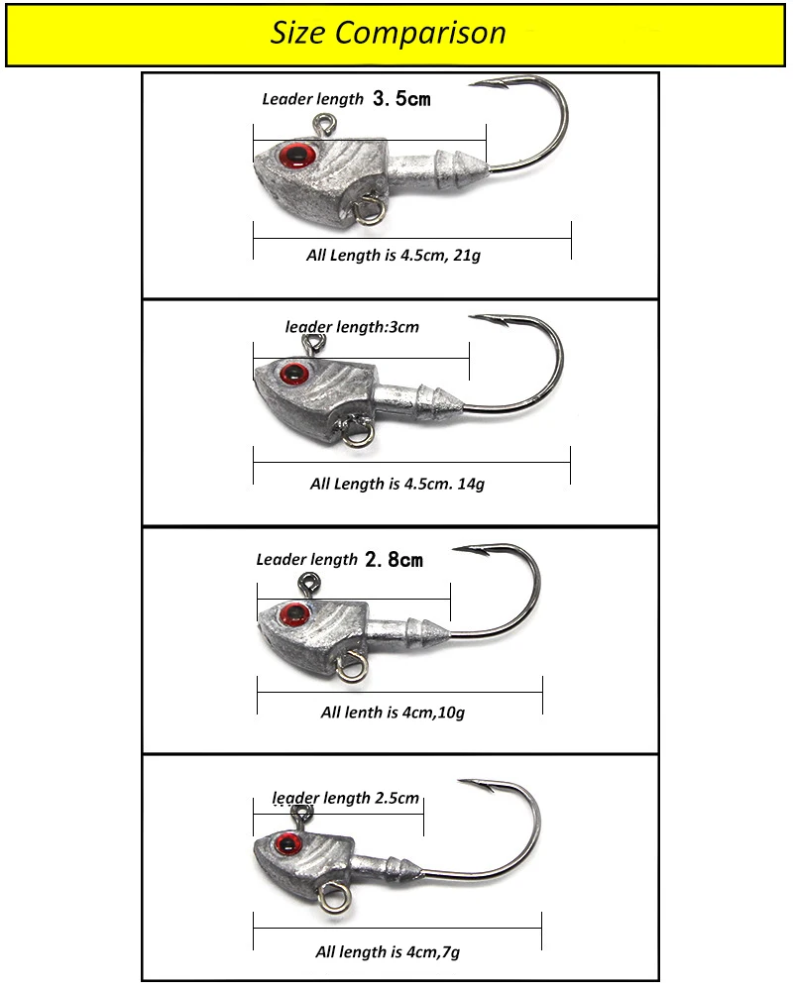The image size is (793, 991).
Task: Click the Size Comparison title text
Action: pos(389,33)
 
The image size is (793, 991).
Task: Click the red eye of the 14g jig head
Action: pos(292,374)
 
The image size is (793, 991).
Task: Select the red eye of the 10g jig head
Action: pos(295,613)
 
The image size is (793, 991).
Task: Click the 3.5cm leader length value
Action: pos(401,98)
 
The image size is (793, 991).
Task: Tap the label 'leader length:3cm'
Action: pos(352,327)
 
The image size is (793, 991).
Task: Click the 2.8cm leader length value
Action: pos(394,559)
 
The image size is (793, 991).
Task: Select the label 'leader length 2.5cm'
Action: pos(346,798)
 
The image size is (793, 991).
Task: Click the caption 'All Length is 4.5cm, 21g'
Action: pos(394,256)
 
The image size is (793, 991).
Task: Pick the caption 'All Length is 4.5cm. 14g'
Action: pos(397,485)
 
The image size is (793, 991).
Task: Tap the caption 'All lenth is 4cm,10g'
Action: pos(393,713)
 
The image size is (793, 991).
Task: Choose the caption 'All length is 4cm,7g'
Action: pos(388,951)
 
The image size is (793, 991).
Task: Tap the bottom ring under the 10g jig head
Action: pos(352,667)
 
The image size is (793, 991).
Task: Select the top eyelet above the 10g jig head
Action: pos(309,582)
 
